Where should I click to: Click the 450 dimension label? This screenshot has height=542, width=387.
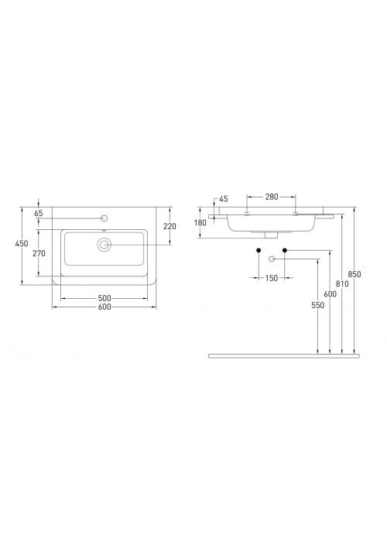22,243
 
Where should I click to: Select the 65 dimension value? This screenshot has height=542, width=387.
39,213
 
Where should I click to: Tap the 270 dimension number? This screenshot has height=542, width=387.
39,253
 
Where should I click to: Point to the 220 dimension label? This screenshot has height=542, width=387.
170,226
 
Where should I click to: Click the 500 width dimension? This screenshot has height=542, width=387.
104,298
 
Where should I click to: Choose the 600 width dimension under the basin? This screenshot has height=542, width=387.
104,307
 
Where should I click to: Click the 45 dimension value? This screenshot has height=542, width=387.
224,199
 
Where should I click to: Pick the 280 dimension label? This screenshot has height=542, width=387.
272,197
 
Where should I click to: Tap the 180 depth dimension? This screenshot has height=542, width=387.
200,223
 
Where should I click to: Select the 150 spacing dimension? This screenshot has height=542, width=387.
272,277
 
